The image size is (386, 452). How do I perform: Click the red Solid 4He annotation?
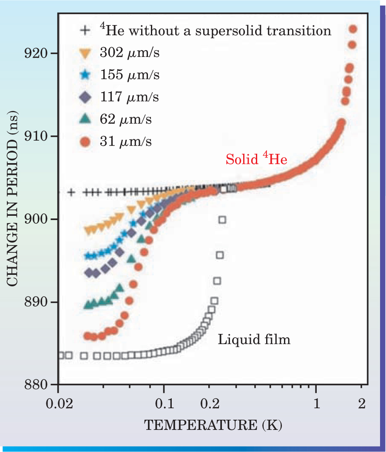pyautogui.click(x=256, y=160)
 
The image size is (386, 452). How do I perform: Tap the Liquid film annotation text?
pyautogui.click(x=254, y=339)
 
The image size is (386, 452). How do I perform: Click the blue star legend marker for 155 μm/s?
pyautogui.click(x=86, y=76)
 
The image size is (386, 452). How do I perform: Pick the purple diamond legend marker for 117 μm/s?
pyautogui.click(x=86, y=98)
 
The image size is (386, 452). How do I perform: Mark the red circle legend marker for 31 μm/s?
pyautogui.click(x=86, y=142)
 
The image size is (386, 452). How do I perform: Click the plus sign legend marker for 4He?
pyautogui.click(x=86, y=31)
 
